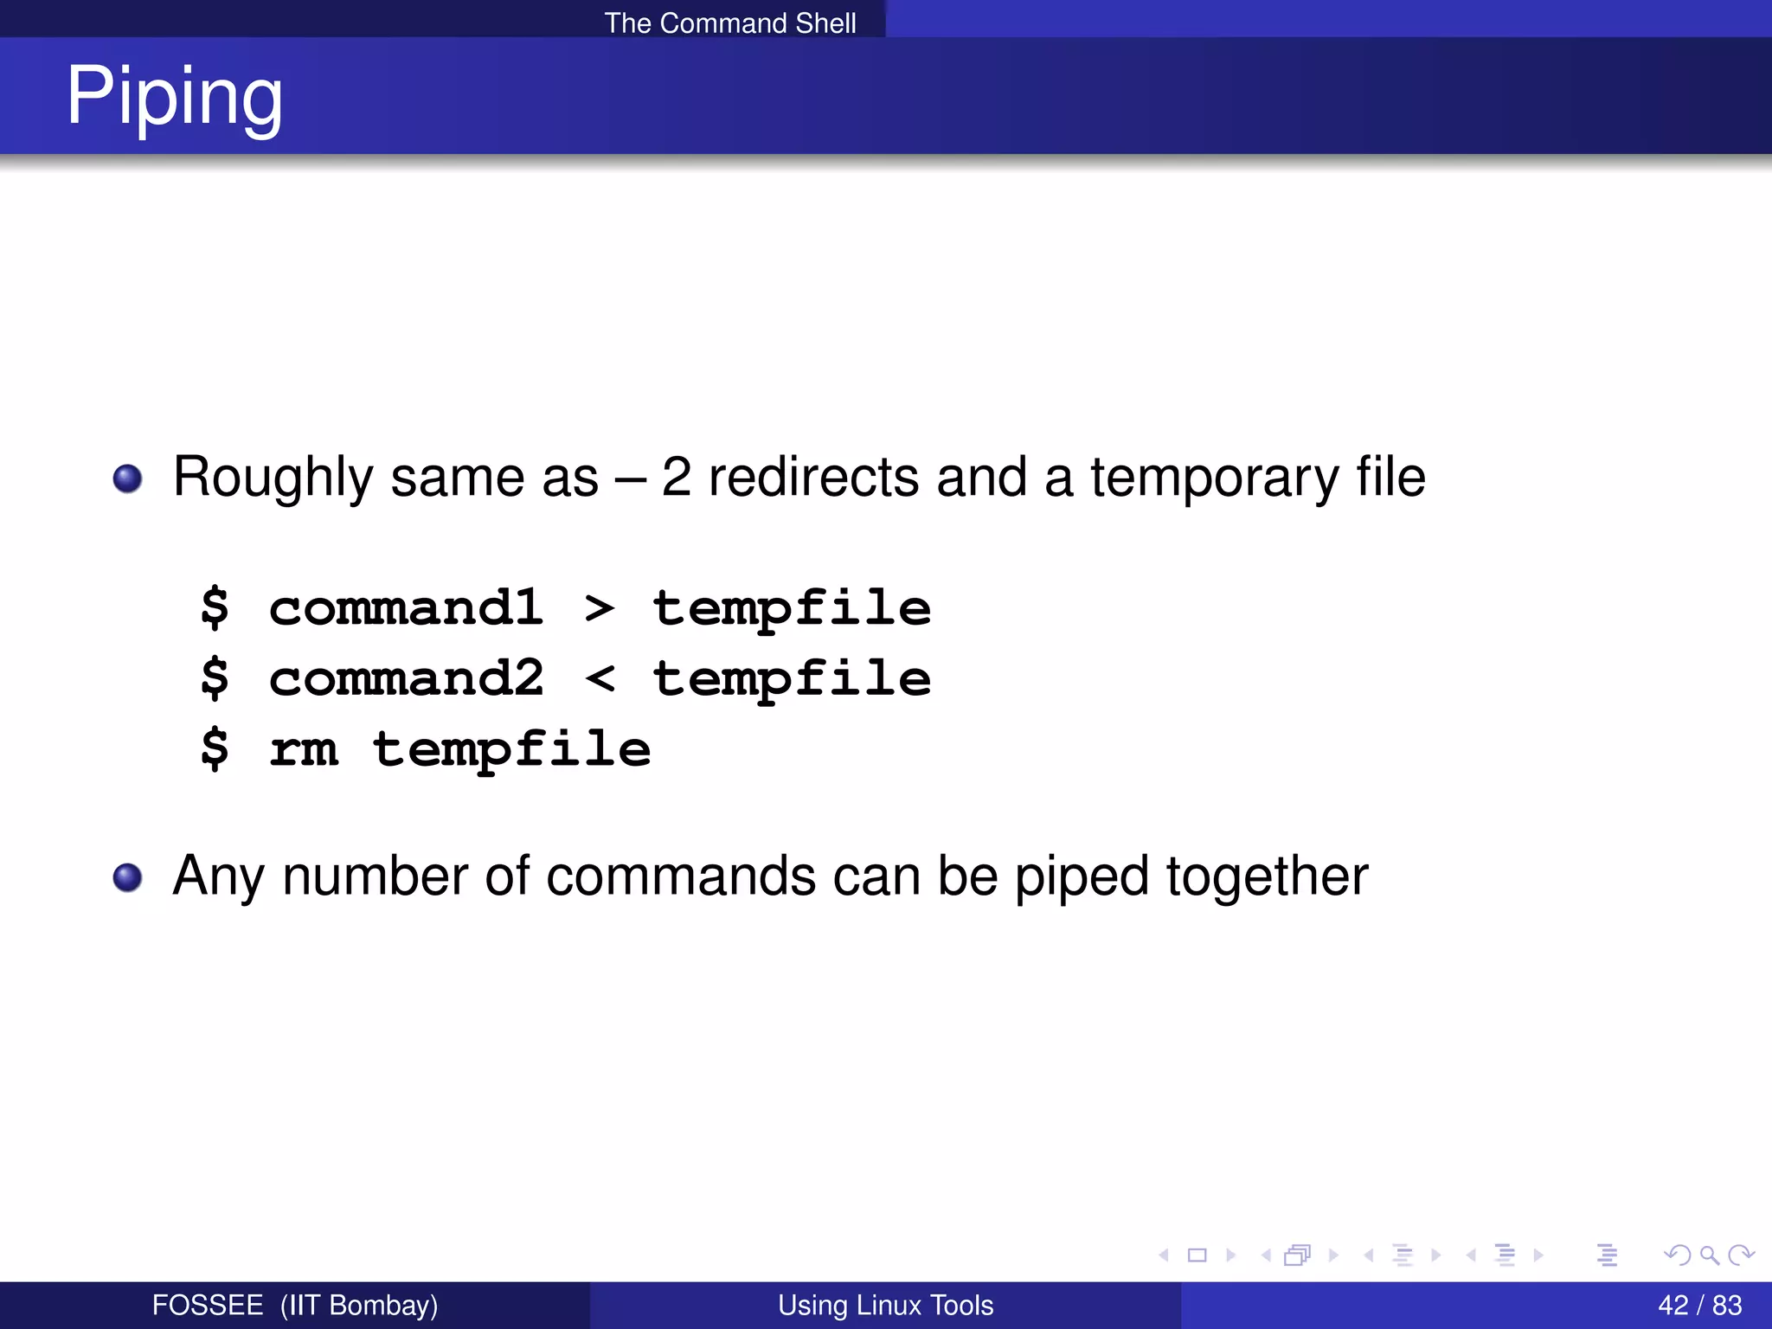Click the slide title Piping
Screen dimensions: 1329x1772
[x=174, y=97]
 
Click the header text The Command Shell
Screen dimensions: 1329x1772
[x=729, y=22]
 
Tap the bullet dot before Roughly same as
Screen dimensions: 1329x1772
[x=128, y=478]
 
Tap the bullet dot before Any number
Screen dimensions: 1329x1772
[x=128, y=877]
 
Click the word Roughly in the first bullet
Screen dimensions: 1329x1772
[x=273, y=478]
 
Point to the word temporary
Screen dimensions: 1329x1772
[x=1214, y=478]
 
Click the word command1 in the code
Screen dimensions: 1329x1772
[x=406, y=607]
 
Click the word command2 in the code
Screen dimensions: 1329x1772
[x=406, y=677]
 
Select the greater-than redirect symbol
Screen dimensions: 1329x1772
[x=600, y=608]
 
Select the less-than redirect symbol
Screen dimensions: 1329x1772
[x=600, y=678]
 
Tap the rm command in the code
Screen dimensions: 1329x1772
[x=303, y=749]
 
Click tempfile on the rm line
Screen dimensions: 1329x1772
[x=511, y=749]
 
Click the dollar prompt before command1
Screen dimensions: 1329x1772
[x=215, y=607]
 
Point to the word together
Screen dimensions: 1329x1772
[x=1267, y=877]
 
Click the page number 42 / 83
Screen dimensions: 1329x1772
[x=1699, y=1305]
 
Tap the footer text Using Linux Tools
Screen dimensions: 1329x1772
[x=885, y=1305]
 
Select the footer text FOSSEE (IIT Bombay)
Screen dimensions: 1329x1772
[x=294, y=1305]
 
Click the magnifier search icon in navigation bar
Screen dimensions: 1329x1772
[x=1709, y=1255]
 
